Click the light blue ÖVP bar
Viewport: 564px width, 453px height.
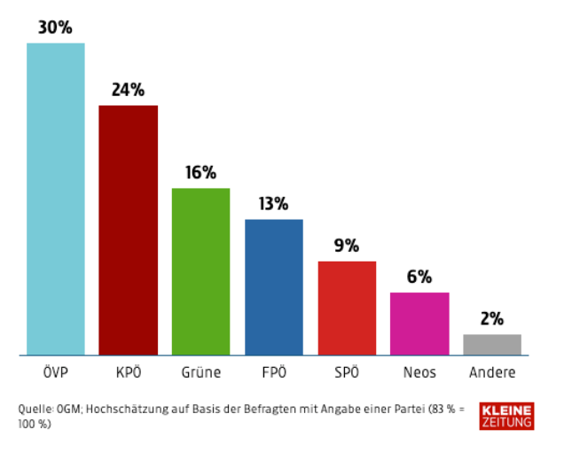(x=56, y=199)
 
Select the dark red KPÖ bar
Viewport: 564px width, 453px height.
(x=128, y=230)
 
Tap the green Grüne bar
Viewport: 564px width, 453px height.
(x=200, y=271)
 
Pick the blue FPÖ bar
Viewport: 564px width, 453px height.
(x=274, y=287)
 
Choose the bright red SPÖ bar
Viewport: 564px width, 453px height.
(x=347, y=309)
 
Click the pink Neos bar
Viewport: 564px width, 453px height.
(x=419, y=324)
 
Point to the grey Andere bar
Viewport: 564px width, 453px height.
(x=492, y=345)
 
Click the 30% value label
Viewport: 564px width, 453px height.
(x=55, y=27)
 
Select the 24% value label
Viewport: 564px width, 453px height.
(x=128, y=90)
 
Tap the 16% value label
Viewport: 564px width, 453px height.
(x=200, y=173)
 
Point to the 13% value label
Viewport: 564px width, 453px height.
(x=274, y=204)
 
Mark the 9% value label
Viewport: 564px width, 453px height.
(x=347, y=246)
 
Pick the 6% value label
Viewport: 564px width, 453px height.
(x=419, y=277)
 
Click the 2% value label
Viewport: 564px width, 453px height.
(x=492, y=318)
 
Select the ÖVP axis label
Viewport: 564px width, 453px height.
(x=56, y=371)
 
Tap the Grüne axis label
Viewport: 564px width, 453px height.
(x=200, y=372)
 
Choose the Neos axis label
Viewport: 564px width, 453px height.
(x=419, y=372)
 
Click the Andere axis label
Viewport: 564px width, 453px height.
(x=492, y=372)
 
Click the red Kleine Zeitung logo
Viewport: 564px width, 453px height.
(x=506, y=416)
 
